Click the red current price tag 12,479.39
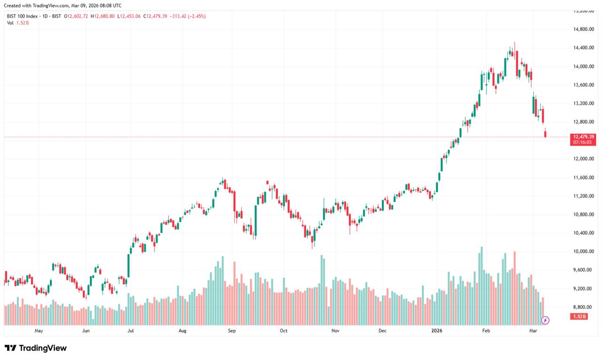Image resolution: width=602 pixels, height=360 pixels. click(x=583, y=136)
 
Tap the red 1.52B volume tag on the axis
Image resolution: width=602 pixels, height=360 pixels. click(x=579, y=317)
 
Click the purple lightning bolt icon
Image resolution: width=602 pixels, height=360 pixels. click(x=545, y=320)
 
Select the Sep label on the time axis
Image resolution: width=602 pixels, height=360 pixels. click(x=231, y=331)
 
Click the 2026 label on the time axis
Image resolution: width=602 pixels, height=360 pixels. click(x=437, y=331)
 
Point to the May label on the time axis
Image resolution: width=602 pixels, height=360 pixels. click(x=39, y=331)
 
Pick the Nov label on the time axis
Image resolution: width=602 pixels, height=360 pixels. click(x=335, y=331)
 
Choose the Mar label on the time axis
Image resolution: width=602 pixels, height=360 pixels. click(x=533, y=331)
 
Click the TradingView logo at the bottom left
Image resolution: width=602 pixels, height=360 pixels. click(x=36, y=348)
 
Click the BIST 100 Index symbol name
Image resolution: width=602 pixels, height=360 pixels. click(x=22, y=16)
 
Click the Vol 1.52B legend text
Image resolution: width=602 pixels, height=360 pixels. click(x=18, y=23)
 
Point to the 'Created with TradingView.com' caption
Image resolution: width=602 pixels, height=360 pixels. click(x=62, y=6)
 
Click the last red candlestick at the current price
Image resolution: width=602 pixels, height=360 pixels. click(x=546, y=134)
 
